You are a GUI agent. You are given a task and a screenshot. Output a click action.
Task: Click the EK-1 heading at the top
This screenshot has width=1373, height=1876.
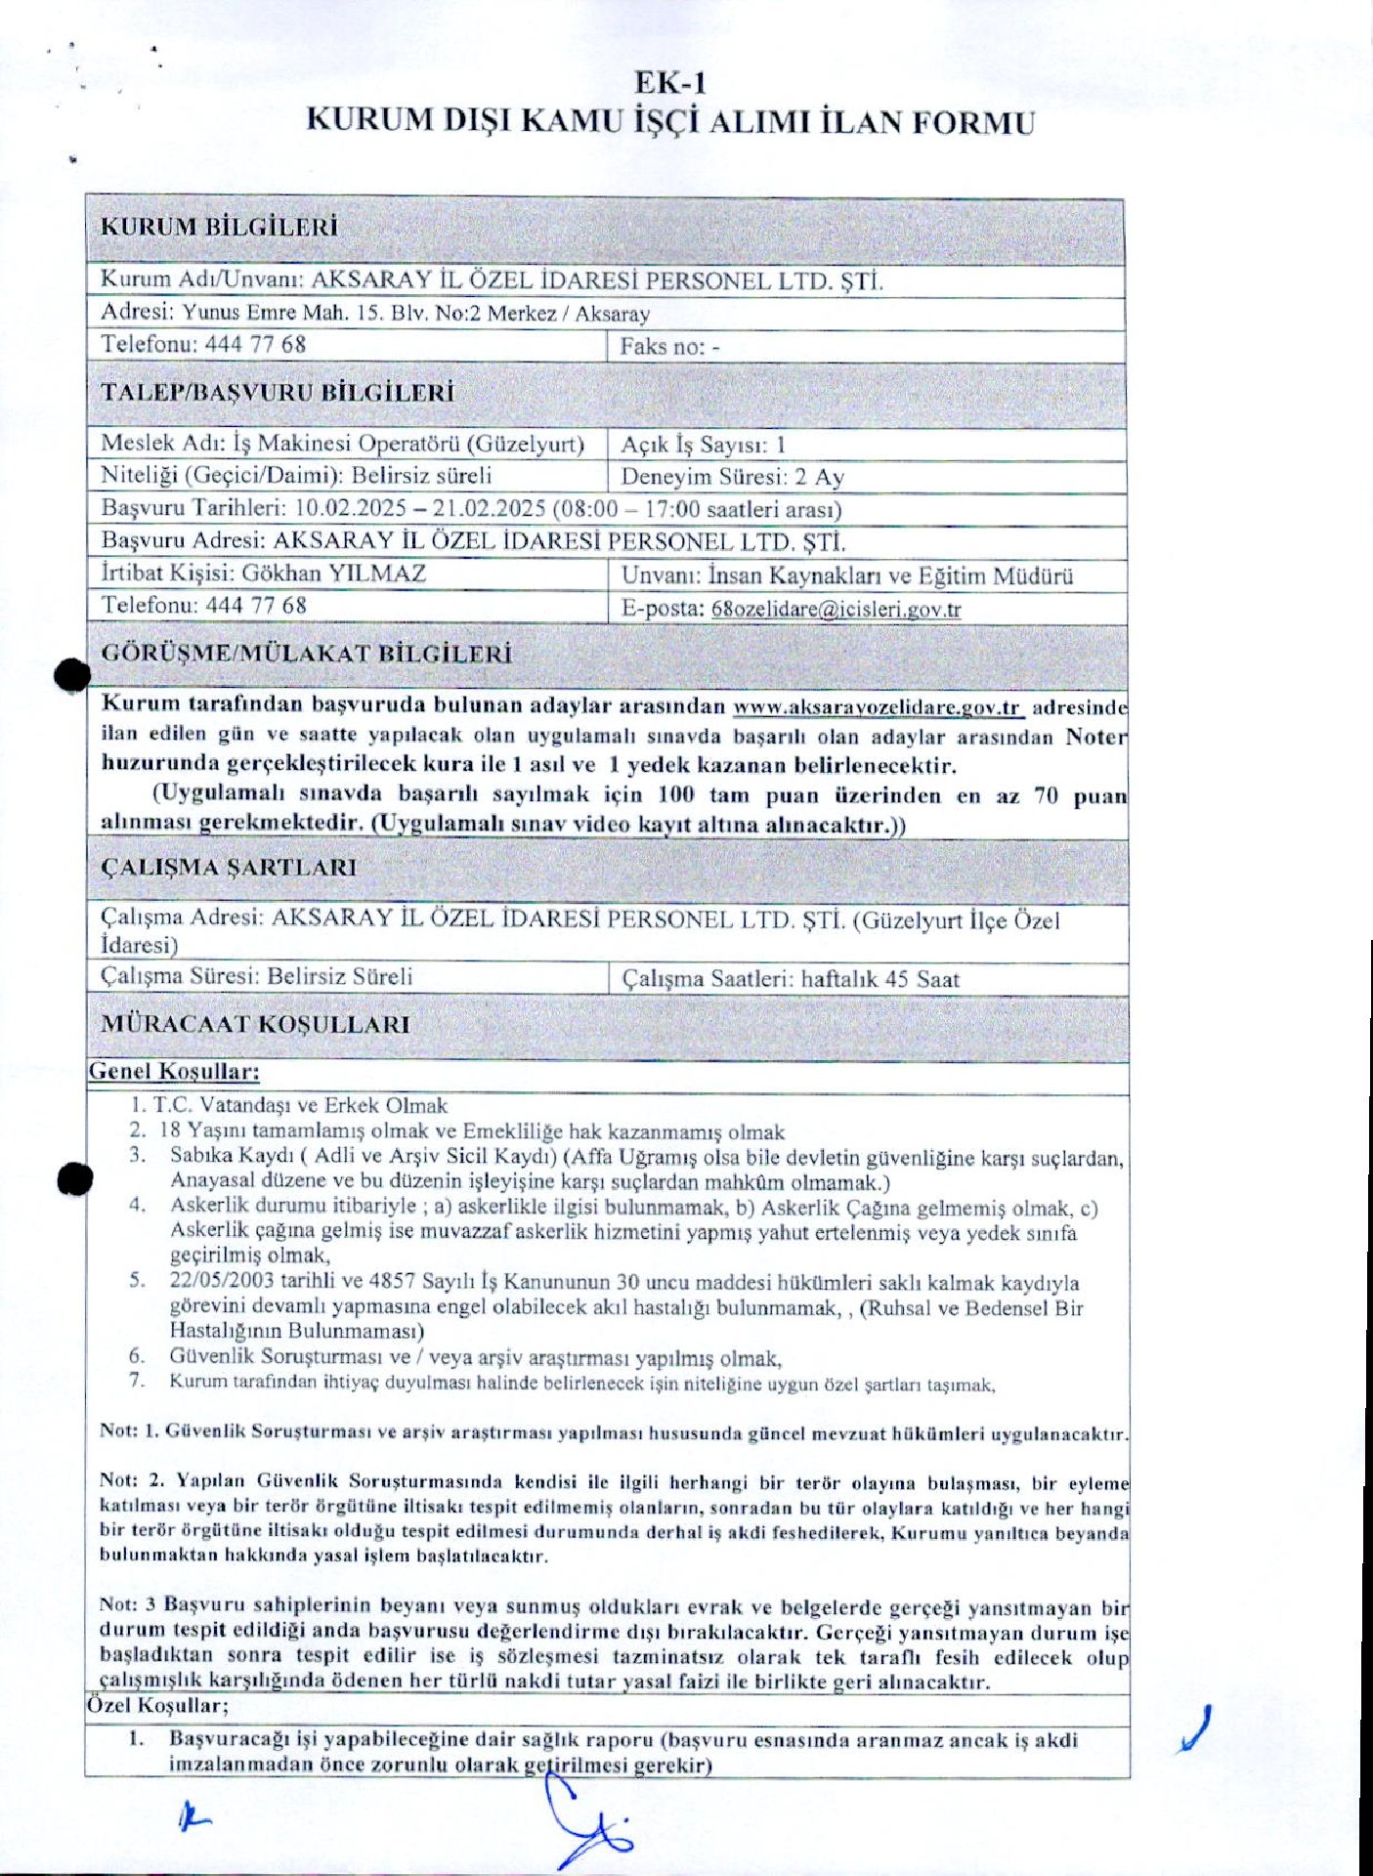tap(669, 82)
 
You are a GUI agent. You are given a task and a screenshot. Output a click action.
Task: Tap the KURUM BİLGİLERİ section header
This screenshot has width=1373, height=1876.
tap(219, 228)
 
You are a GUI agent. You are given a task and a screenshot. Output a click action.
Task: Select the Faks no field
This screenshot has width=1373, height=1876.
tap(669, 347)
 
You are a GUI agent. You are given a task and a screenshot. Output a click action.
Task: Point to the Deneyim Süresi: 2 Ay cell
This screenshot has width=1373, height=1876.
tap(732, 478)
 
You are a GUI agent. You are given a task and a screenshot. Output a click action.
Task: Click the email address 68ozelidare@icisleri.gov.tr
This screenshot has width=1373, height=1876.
tap(836, 610)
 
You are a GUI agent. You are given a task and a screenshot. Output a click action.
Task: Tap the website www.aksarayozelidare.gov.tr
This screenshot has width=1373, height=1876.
tap(877, 707)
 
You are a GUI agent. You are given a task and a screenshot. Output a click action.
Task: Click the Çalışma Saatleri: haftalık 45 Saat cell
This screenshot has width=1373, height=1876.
tap(791, 979)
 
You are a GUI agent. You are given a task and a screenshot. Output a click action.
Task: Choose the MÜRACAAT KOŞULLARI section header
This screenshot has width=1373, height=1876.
tap(255, 1025)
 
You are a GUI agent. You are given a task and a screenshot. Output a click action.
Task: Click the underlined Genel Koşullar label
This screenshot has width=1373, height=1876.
tap(174, 1072)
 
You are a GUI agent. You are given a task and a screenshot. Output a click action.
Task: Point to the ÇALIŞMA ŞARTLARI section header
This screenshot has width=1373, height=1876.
tap(229, 868)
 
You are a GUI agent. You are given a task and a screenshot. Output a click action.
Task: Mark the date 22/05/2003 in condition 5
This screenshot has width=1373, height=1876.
tap(222, 1281)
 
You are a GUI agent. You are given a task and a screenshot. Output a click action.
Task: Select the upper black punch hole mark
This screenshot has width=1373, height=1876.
tap(72, 675)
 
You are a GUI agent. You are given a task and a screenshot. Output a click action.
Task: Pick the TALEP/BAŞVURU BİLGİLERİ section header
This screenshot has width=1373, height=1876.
tap(278, 394)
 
